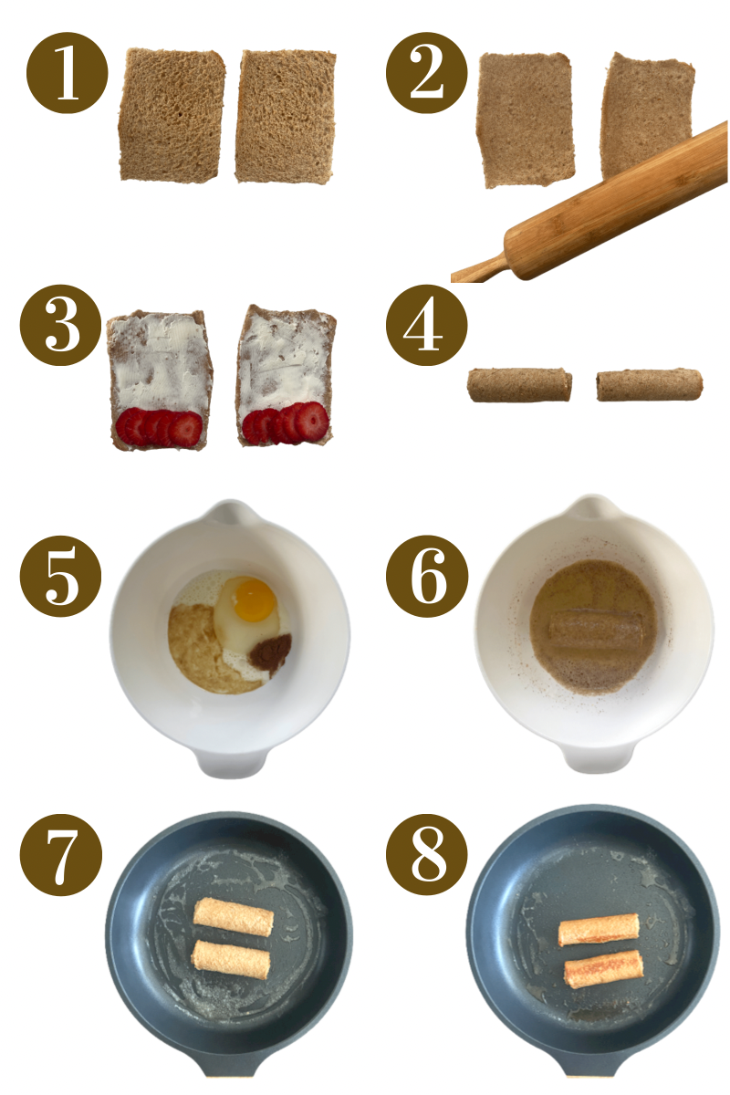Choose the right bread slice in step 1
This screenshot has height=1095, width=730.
(x=285, y=115)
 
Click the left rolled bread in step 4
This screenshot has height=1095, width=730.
(x=519, y=385)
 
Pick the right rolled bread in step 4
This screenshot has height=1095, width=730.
(x=649, y=385)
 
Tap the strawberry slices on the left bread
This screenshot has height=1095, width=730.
(x=160, y=427)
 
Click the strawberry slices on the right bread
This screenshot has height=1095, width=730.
(x=285, y=423)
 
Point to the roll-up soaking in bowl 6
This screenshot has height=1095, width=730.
(x=595, y=629)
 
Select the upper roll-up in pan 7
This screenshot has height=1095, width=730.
(x=234, y=917)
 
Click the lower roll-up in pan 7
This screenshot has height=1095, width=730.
(x=230, y=961)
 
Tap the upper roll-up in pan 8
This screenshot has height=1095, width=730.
(x=599, y=930)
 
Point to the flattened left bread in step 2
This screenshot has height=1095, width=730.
(x=527, y=120)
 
